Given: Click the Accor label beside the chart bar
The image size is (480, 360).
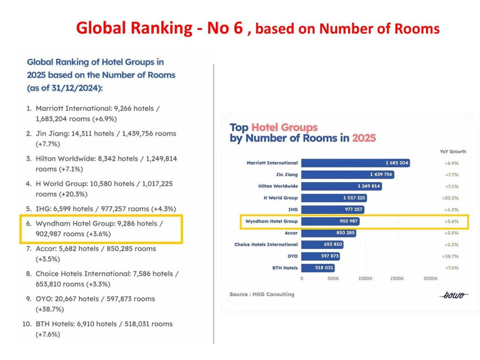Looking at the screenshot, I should tap(291, 233).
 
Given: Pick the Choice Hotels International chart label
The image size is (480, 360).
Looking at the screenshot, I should tap(266, 245).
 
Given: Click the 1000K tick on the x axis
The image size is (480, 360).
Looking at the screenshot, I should tap(365, 278).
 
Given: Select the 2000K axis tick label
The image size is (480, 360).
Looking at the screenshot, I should tap(430, 278).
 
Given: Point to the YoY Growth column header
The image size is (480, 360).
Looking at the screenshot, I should tap(453, 151).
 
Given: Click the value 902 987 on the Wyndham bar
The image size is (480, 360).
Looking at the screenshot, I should tap(345, 221).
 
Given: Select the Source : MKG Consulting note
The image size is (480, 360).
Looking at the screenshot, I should tap(262, 294).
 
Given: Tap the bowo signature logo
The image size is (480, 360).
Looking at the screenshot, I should tap(454, 295).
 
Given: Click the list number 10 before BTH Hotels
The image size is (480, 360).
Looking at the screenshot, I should tap(26, 324).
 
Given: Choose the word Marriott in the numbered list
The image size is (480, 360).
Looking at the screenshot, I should tap(50, 108).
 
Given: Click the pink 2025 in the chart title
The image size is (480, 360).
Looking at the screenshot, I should tap(364, 138).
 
